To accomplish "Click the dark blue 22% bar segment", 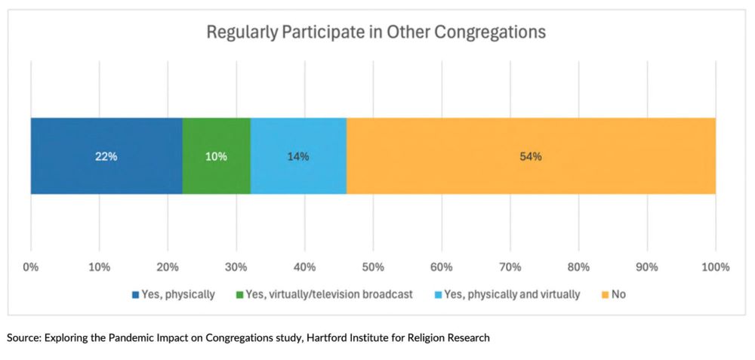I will [106, 156].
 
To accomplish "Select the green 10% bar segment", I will [216, 156].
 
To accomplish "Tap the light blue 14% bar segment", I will [298, 156].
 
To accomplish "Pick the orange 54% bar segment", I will [531, 156].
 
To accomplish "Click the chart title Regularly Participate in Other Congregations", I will [376, 33].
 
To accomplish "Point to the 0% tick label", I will [31, 266].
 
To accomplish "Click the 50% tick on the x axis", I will [373, 266].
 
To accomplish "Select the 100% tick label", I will [715, 266].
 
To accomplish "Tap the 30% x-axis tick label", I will [236, 266].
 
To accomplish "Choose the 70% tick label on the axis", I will [510, 266].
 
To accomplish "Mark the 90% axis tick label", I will [647, 266].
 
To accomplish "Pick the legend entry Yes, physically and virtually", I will [512, 294].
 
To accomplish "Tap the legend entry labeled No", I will [618, 294].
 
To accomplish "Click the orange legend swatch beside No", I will [606, 294].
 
